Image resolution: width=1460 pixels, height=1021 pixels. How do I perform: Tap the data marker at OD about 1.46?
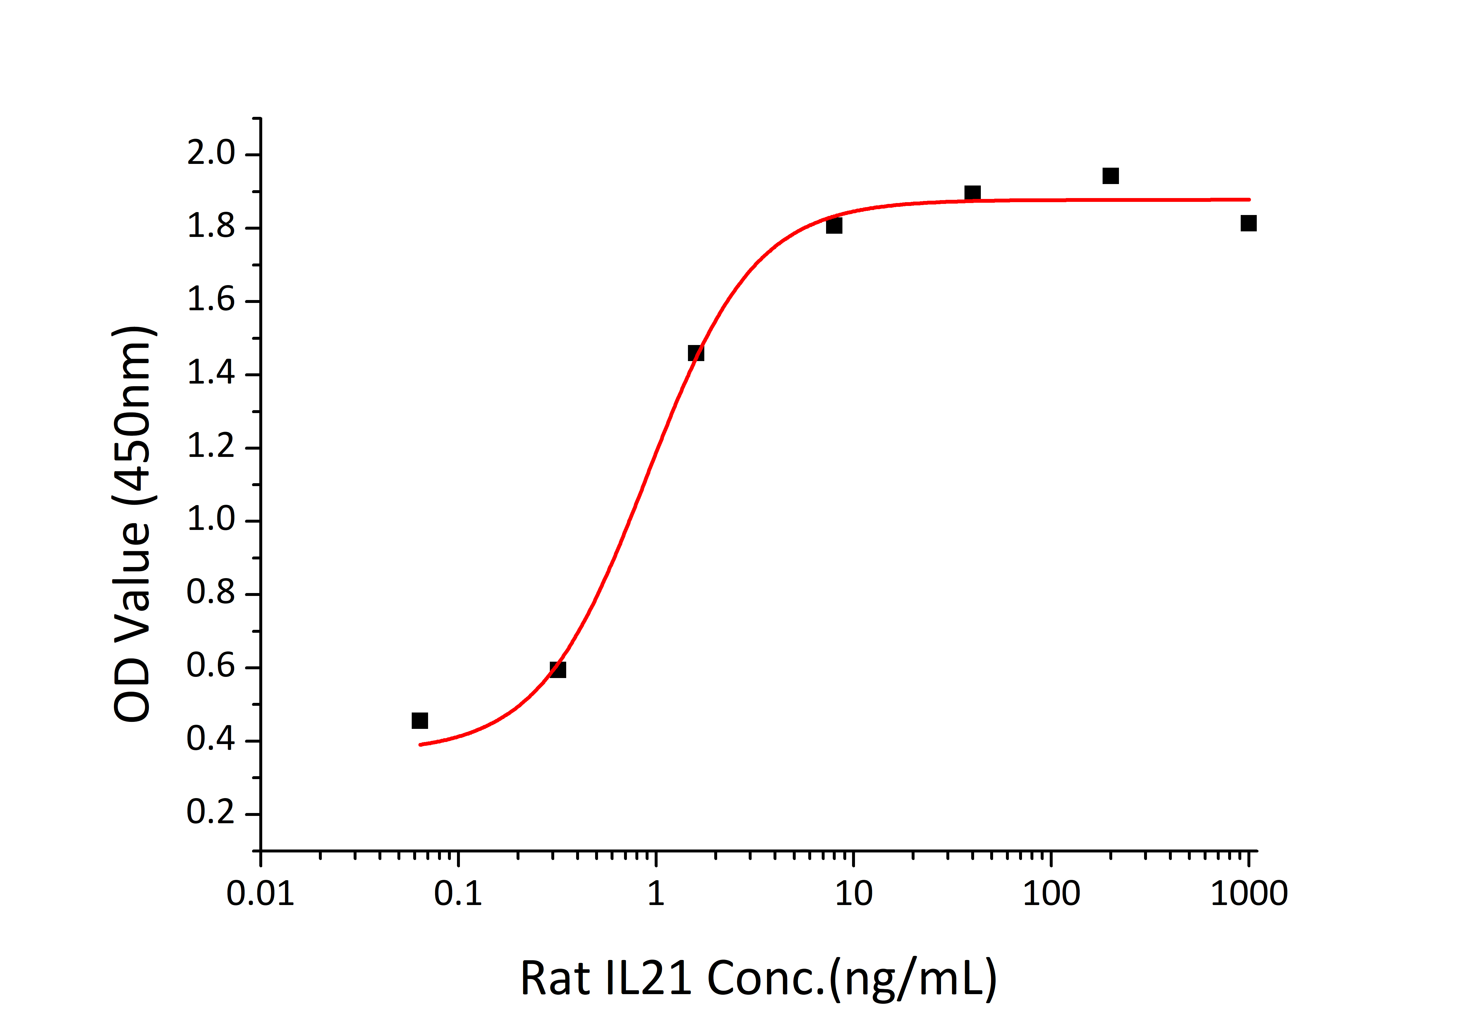[696, 353]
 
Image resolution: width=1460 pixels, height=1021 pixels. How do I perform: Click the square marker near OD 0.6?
[558, 669]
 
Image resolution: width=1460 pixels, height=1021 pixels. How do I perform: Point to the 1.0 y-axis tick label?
[211, 520]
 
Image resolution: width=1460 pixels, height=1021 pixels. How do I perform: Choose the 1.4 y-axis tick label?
[211, 373]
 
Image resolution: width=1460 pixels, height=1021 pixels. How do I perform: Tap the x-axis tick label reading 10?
[853, 894]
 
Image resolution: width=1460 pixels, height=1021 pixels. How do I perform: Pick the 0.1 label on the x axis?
[458, 894]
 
